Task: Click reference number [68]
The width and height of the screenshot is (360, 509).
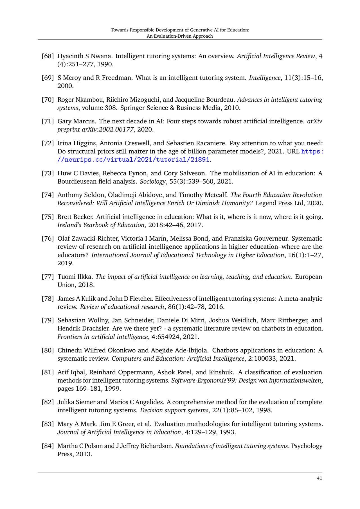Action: pos(48,56)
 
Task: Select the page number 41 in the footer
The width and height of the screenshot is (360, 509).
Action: pos(319,478)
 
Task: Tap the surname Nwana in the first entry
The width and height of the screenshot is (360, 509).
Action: pos(102,56)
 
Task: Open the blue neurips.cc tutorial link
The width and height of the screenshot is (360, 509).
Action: pos(134,160)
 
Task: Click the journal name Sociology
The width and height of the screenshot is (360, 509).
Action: pos(153,181)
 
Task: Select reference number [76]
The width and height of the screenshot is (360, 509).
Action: pos(48,238)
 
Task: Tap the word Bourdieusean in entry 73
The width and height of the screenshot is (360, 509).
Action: pos(76,181)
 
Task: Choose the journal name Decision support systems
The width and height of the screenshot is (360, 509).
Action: pos(174,410)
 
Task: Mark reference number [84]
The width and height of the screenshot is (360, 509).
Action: pos(48,446)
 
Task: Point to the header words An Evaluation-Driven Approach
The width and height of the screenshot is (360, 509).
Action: pos(180,36)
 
